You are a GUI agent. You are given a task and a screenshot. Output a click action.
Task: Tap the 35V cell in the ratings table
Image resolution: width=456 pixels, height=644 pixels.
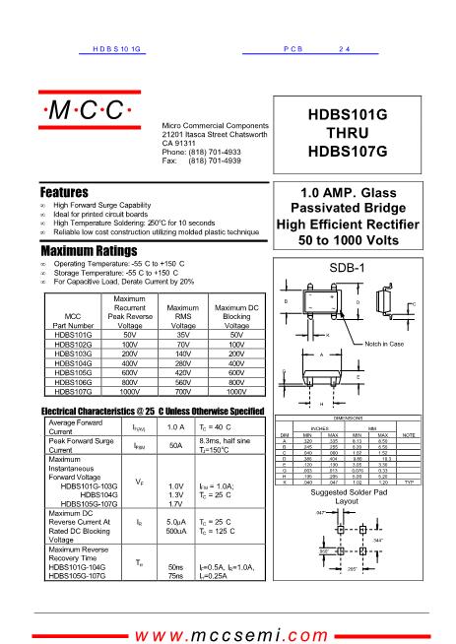click(184, 335)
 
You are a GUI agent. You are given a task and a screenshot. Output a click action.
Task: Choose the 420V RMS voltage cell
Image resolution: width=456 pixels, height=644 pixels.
click(184, 372)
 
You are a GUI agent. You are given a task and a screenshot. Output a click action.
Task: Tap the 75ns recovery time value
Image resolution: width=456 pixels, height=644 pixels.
click(176, 576)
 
